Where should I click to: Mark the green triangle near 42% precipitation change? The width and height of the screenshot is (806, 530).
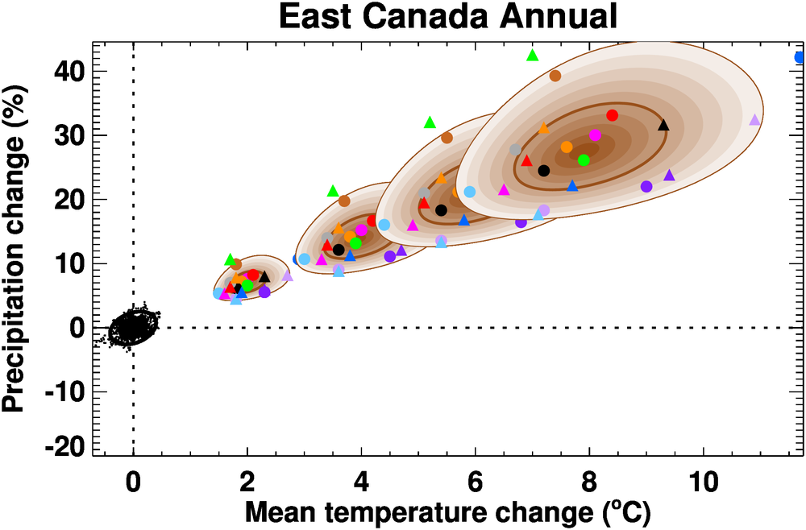(532, 56)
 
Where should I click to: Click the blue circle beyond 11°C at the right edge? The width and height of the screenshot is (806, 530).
(800, 57)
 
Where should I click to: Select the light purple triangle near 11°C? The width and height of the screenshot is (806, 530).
(754, 120)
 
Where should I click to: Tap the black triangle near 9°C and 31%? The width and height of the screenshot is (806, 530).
(663, 125)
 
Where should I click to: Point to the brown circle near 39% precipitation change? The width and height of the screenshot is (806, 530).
(555, 76)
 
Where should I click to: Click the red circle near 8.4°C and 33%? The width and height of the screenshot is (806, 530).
(612, 115)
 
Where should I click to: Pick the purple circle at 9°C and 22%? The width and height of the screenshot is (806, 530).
(646, 186)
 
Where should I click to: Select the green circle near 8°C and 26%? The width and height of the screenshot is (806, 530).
(584, 160)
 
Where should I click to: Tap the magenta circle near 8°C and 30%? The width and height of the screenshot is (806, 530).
(595, 135)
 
